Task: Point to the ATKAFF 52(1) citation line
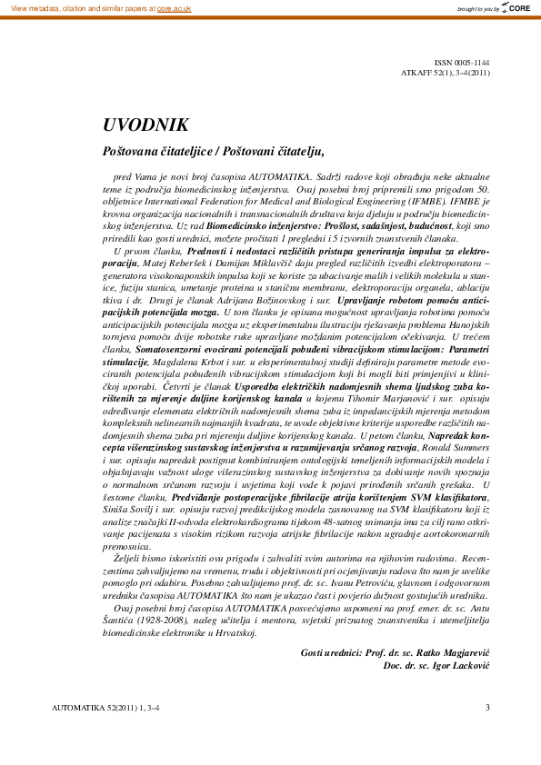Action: (x=446, y=72)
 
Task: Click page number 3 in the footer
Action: (x=487, y=707)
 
